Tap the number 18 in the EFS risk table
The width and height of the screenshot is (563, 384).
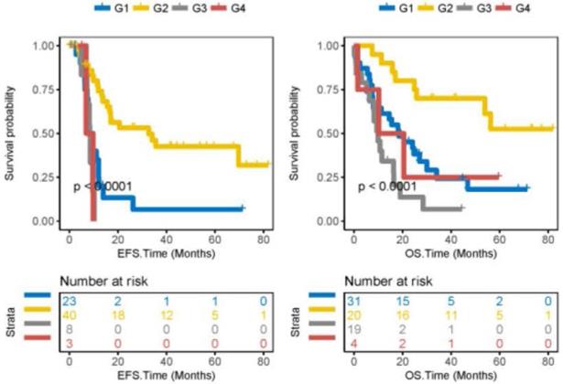click(x=117, y=315)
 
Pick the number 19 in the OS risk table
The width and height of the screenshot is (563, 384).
click(x=357, y=327)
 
